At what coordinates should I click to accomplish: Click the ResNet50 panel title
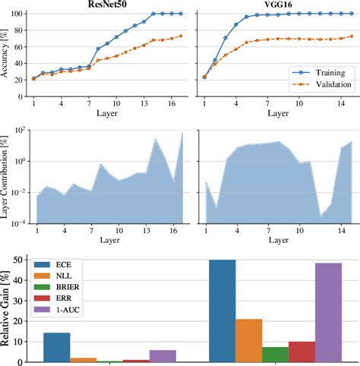click(x=109, y=5)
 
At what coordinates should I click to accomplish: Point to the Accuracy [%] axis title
click(x=7, y=55)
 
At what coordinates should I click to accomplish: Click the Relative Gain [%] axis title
click(x=7, y=311)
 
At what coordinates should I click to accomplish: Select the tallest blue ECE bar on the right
click(x=223, y=311)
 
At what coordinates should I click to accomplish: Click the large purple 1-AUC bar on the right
click(x=329, y=312)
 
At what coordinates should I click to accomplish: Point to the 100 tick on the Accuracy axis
click(x=21, y=14)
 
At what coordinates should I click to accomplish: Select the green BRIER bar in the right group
click(x=275, y=354)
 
